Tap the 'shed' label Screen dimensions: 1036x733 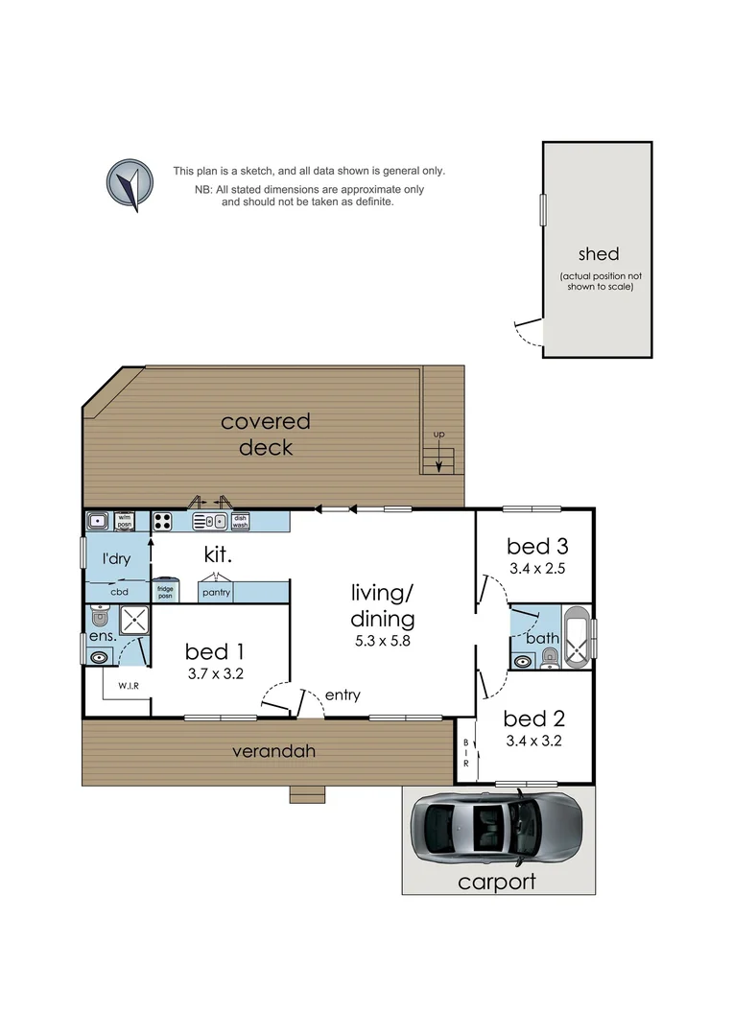click(x=598, y=254)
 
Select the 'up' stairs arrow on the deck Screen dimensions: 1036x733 click(x=439, y=460)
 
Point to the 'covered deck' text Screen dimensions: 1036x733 click(x=266, y=435)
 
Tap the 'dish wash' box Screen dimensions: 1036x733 click(x=240, y=522)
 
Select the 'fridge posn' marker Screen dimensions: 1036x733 click(x=165, y=593)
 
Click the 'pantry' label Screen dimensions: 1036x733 click(x=216, y=594)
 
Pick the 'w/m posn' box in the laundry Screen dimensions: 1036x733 click(x=124, y=521)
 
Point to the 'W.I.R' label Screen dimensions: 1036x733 click(x=129, y=686)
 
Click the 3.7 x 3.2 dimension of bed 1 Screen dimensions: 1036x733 click(x=216, y=673)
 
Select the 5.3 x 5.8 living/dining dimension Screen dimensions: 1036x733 click(x=382, y=641)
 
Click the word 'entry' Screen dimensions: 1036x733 click(x=343, y=695)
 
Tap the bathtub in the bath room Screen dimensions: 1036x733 click(x=577, y=637)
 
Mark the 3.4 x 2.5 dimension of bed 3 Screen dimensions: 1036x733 click(x=537, y=569)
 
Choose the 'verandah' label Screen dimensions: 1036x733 click(x=273, y=751)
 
